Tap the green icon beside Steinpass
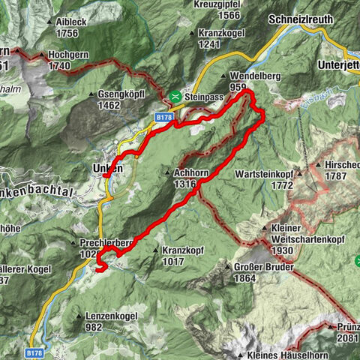coord(174,96)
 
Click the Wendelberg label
coord(249,77)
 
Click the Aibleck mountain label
coord(71,22)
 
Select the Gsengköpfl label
coord(121,95)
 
